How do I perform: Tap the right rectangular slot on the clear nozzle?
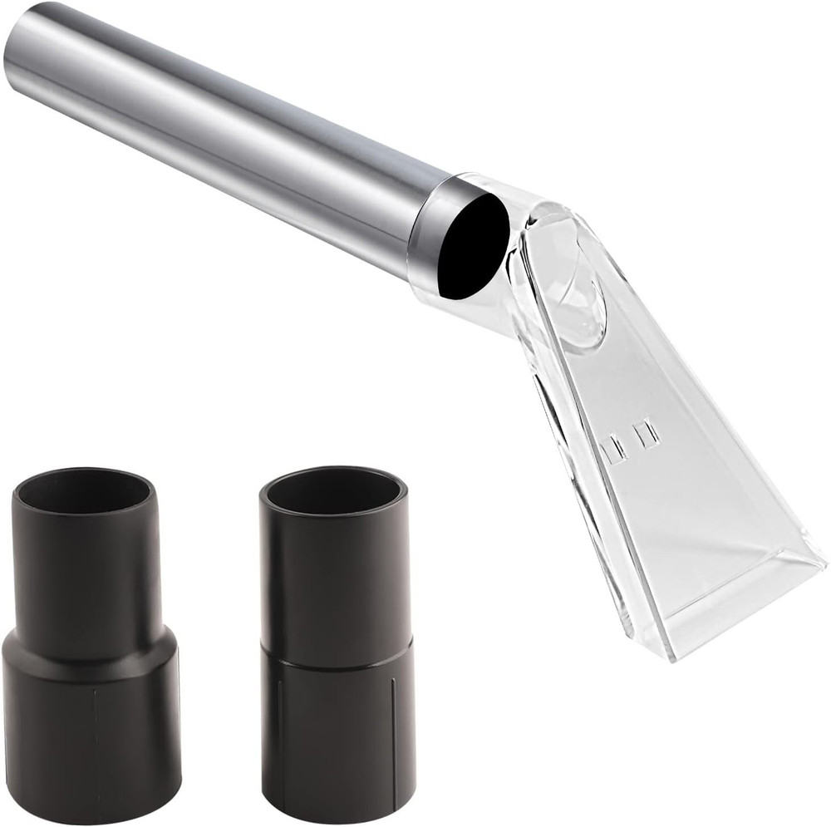(646, 434)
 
